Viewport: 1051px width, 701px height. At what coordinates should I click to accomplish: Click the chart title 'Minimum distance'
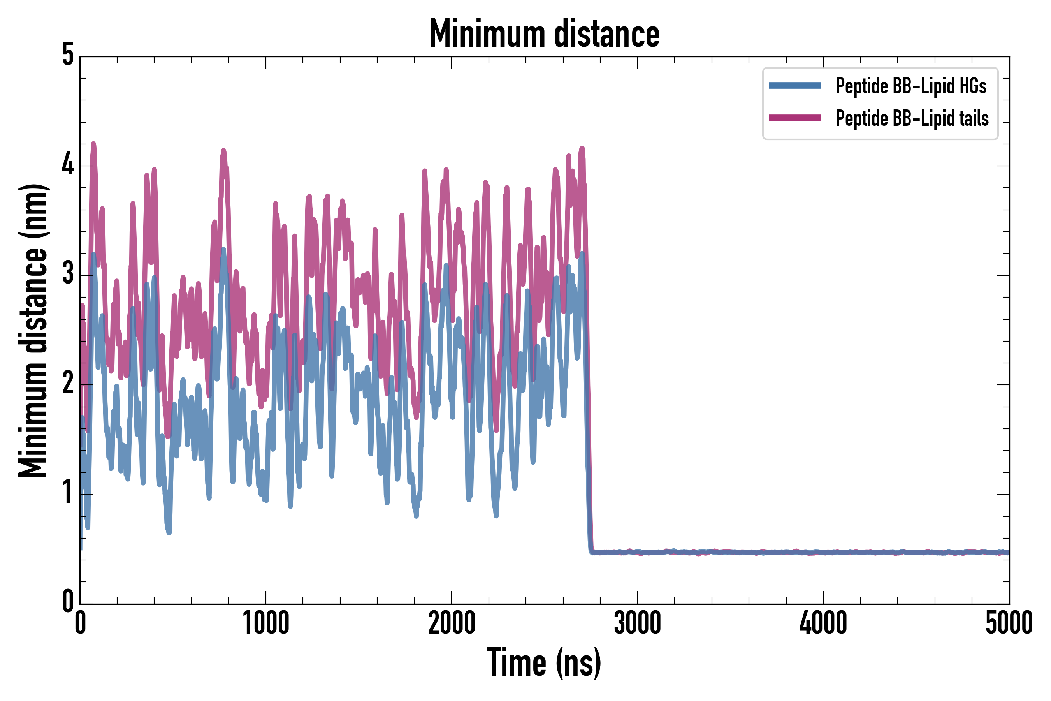click(544, 34)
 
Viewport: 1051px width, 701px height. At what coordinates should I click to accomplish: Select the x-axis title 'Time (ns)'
click(544, 662)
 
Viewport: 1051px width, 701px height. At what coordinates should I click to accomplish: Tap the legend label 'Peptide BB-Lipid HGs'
click(911, 86)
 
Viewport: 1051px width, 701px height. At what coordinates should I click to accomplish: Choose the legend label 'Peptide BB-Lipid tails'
click(912, 118)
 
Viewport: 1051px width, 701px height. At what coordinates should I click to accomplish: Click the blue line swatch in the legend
click(794, 86)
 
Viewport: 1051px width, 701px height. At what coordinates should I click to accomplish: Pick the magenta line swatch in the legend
click(794, 118)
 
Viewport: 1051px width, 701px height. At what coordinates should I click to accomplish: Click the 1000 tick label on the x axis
click(266, 623)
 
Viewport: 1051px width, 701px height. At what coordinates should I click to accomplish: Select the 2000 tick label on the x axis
click(451, 623)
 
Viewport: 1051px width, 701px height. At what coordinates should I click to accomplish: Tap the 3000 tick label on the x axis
click(637, 623)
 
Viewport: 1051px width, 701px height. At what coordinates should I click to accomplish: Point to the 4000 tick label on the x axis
click(823, 623)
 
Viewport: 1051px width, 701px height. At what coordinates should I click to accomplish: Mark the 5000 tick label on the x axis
click(1009, 623)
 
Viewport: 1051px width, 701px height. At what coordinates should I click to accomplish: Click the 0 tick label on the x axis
click(81, 623)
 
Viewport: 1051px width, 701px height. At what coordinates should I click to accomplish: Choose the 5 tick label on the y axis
click(68, 55)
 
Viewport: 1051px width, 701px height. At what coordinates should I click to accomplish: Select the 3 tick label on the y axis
click(68, 274)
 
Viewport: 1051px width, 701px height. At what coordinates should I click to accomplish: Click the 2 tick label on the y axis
click(68, 384)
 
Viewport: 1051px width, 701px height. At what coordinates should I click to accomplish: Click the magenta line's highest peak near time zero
click(93, 144)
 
